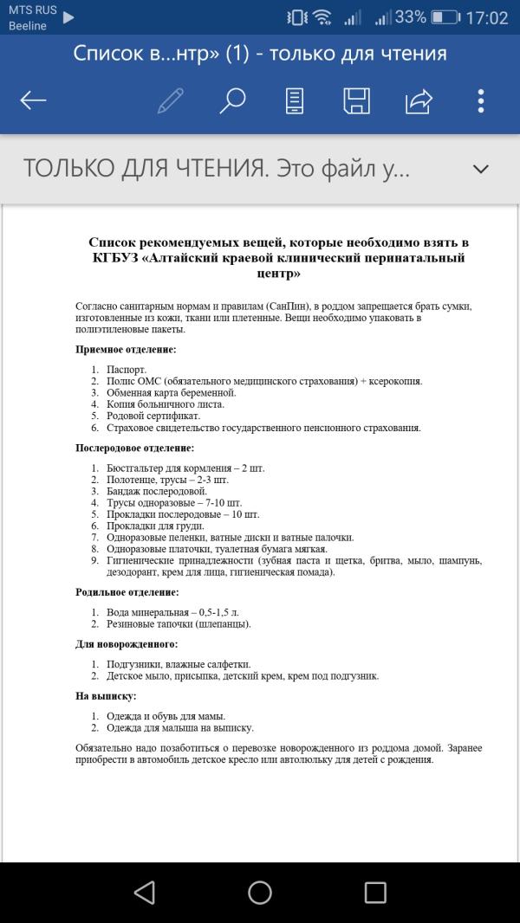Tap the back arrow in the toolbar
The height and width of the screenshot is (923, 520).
(x=34, y=100)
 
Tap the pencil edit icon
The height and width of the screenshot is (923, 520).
(x=170, y=100)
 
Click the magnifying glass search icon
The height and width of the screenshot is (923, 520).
(x=231, y=100)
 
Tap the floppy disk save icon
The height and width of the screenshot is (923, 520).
(x=356, y=100)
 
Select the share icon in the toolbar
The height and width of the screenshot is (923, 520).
(x=419, y=100)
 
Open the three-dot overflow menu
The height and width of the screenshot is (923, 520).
(x=481, y=100)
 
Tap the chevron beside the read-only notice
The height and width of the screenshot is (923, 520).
(x=481, y=169)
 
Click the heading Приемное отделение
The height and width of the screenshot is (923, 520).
(x=126, y=350)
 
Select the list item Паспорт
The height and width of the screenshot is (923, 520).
(x=127, y=370)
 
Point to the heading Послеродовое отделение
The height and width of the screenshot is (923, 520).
(x=134, y=448)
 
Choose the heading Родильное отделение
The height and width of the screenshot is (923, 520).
(x=127, y=592)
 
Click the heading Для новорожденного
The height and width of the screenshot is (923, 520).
(x=127, y=644)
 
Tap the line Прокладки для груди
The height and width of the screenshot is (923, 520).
(x=155, y=526)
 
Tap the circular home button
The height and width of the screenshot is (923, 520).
(x=260, y=893)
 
